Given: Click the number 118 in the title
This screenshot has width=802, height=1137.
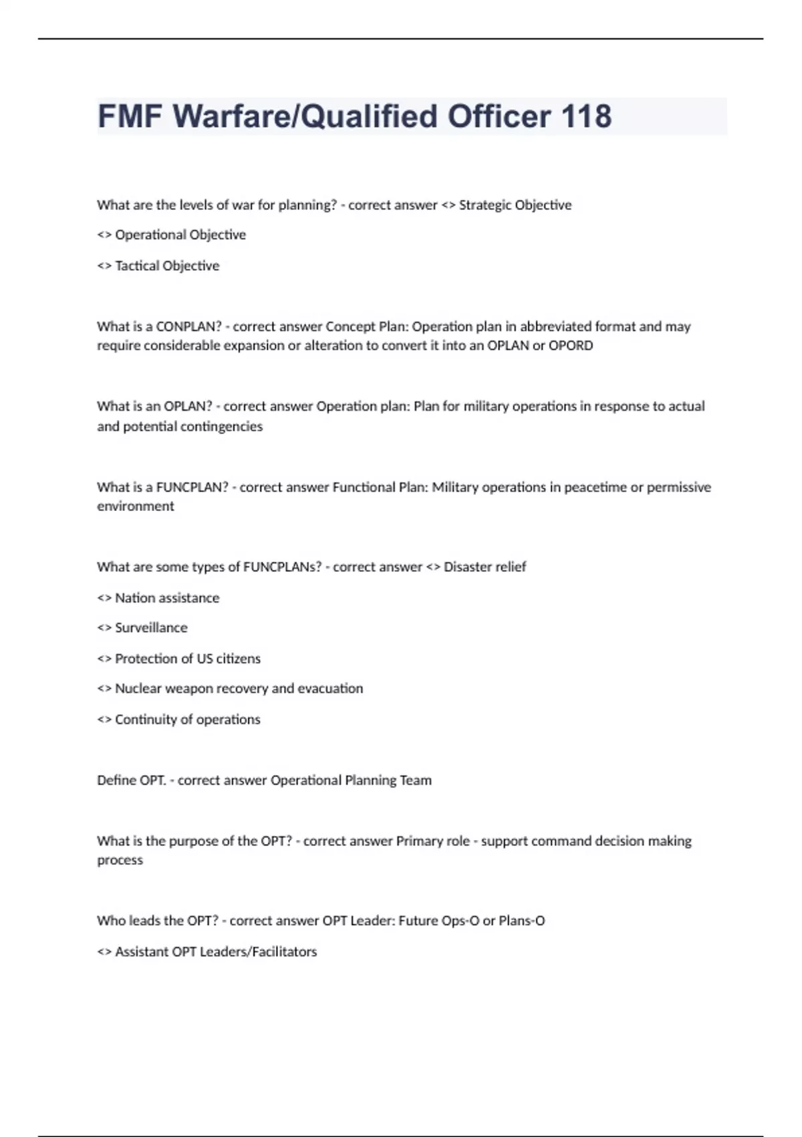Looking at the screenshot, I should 586,116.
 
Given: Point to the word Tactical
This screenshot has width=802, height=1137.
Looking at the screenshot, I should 137,266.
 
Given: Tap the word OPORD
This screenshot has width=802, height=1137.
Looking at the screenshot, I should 571,346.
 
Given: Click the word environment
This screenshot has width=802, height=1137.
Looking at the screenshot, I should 136,506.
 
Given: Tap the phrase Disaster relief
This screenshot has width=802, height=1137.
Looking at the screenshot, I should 485,567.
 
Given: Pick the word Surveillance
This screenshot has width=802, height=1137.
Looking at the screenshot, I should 151,628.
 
